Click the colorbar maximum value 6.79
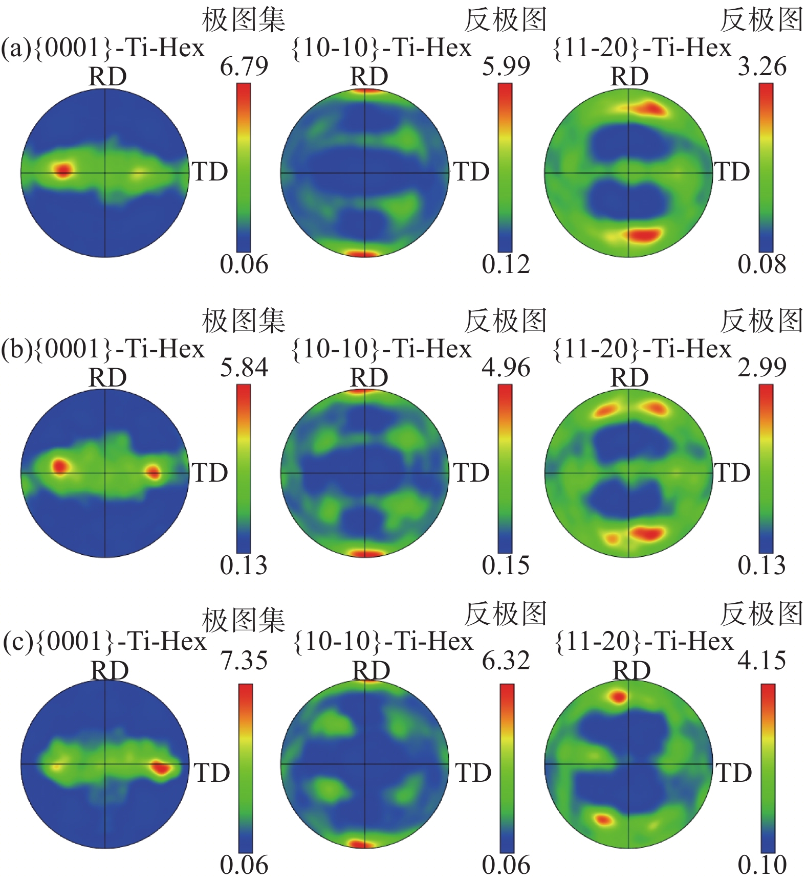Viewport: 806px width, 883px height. [x=244, y=66]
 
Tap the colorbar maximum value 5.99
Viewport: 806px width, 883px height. [x=506, y=66]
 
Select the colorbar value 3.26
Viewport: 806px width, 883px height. [x=761, y=66]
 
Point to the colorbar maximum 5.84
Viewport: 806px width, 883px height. [x=244, y=367]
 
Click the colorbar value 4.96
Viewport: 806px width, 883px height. [x=506, y=367]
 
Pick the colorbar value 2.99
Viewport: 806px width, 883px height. [x=761, y=367]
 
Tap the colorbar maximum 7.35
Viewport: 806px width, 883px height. [x=244, y=660]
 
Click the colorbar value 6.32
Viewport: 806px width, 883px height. [x=506, y=660]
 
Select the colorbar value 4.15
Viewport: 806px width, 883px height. [x=761, y=660]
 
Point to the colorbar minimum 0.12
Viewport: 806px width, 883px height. [x=506, y=264]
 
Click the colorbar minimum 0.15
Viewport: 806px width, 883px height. [x=506, y=564]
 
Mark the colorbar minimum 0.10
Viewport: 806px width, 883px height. [x=761, y=864]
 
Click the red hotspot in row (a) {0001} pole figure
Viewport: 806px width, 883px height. [x=62, y=170]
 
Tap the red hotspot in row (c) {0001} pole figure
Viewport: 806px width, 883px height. [x=161, y=767]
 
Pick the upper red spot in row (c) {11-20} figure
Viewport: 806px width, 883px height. [x=619, y=696]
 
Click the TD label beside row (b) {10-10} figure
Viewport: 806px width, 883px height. [x=471, y=472]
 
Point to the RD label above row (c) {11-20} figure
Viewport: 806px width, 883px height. [x=631, y=670]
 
